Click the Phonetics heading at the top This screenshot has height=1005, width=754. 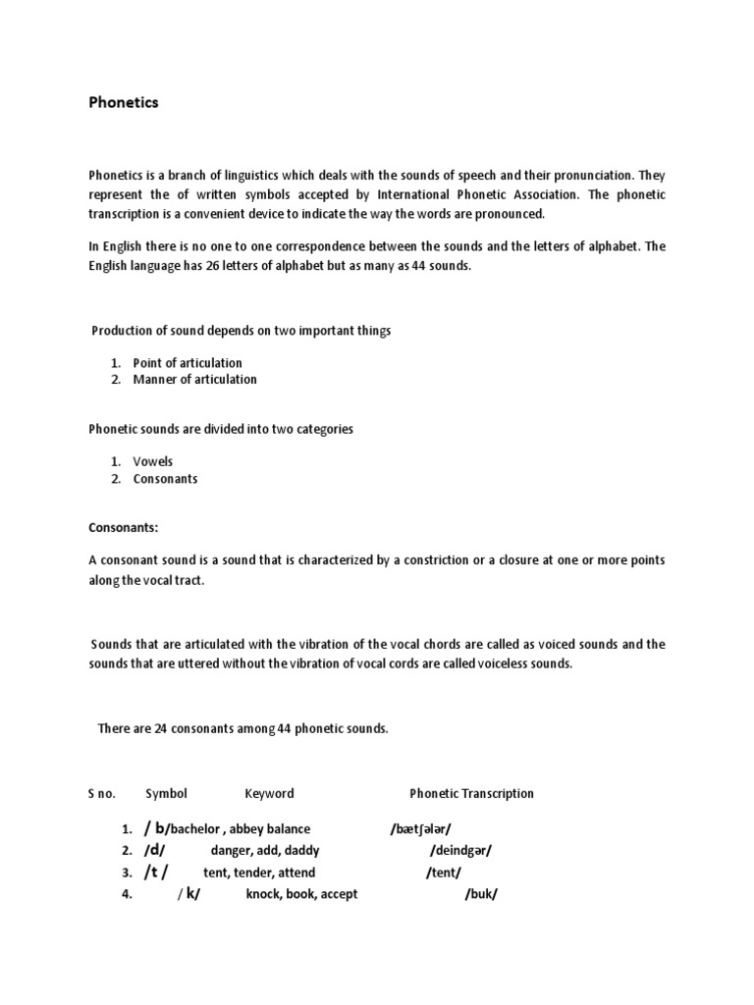pos(123,102)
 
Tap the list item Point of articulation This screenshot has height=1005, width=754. pos(188,362)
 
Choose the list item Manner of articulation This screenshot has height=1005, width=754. pos(194,379)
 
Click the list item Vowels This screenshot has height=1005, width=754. pos(153,461)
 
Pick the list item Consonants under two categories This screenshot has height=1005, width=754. pos(165,479)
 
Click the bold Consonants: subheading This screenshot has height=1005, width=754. pos(123,528)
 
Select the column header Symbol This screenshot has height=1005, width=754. pos(166,793)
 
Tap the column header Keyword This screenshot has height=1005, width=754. pos(269,793)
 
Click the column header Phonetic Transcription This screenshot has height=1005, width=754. pos(471,793)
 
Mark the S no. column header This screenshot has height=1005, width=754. pos(102,793)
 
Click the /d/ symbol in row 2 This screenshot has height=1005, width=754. pos(156,850)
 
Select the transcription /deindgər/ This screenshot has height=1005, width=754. pos(460,850)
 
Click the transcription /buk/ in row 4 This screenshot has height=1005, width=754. pos(481,894)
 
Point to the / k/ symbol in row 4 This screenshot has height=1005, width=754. pos(188,894)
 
